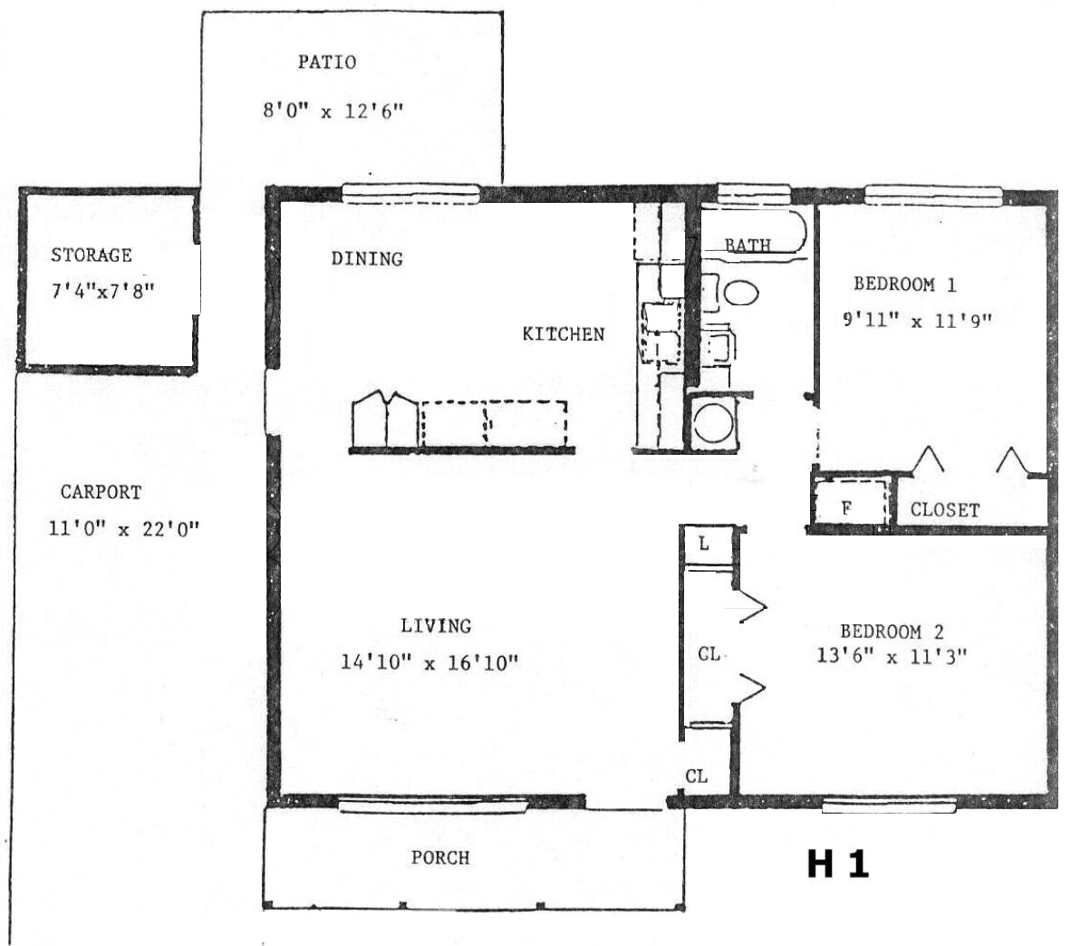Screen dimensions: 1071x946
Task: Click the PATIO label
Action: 326,63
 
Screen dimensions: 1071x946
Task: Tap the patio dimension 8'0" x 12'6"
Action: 333,111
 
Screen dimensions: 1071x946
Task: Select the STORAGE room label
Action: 92,255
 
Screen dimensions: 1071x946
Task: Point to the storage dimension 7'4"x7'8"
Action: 103,291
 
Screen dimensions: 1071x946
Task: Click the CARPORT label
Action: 101,492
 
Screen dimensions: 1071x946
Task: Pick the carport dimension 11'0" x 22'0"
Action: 123,528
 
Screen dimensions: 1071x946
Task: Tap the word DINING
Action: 367,259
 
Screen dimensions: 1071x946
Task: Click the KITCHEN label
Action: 564,334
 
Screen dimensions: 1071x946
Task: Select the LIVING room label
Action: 436,625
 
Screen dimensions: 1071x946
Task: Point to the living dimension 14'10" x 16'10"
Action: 429,662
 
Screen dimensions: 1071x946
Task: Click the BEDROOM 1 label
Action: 905,285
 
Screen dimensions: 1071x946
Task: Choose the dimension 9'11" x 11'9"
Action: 917,321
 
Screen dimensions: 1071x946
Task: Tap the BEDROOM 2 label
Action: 892,632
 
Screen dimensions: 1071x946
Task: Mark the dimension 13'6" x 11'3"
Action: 892,656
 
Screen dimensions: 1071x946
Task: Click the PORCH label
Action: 440,858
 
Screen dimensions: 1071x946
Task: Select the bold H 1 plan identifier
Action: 838,864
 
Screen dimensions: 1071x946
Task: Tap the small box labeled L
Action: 709,545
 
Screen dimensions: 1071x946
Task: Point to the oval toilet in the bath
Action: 741,294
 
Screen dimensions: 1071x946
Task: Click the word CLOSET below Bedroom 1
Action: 945,510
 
